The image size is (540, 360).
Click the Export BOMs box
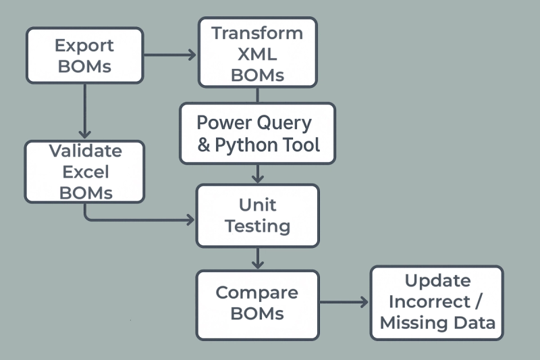pos(84,55)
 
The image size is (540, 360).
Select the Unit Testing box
pos(257,215)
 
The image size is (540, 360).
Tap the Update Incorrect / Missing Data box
pos(437,302)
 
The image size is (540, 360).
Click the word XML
pos(257,54)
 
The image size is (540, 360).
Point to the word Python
pos(251,145)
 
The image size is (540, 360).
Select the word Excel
pos(84,172)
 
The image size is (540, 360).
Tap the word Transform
pos(257,33)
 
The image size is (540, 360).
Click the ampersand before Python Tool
pos(204,145)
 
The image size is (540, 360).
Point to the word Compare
pos(256,292)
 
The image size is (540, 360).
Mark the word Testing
pos(257,226)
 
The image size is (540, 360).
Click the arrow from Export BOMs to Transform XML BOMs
pos(170,55)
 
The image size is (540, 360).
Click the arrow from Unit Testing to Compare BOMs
pos(257,258)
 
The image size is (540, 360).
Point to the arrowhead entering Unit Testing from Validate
pos(190,220)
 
